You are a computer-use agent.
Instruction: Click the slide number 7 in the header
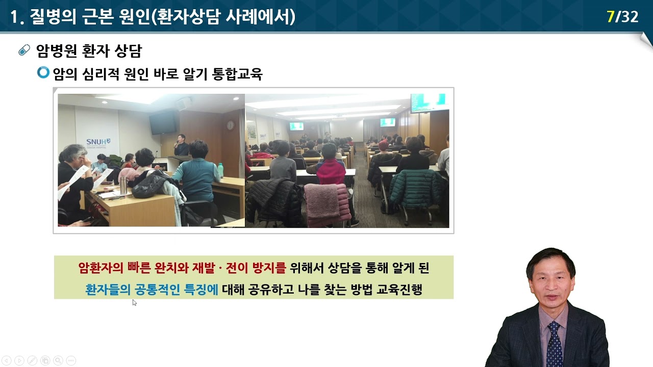pos(610,17)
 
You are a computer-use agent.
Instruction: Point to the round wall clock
pos(230,125)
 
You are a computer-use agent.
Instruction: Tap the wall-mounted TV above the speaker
pos(163,122)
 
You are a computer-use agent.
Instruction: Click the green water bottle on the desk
pos(220,170)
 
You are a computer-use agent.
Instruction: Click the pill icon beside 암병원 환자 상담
pos(24,50)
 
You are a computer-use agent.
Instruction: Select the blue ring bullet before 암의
pos(43,73)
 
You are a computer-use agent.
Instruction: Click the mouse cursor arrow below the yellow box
pos(134,302)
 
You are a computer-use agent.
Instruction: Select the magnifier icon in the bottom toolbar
pos(58,360)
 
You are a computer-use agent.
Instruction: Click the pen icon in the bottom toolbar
pos(32,360)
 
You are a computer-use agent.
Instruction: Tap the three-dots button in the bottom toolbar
pos(71,360)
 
